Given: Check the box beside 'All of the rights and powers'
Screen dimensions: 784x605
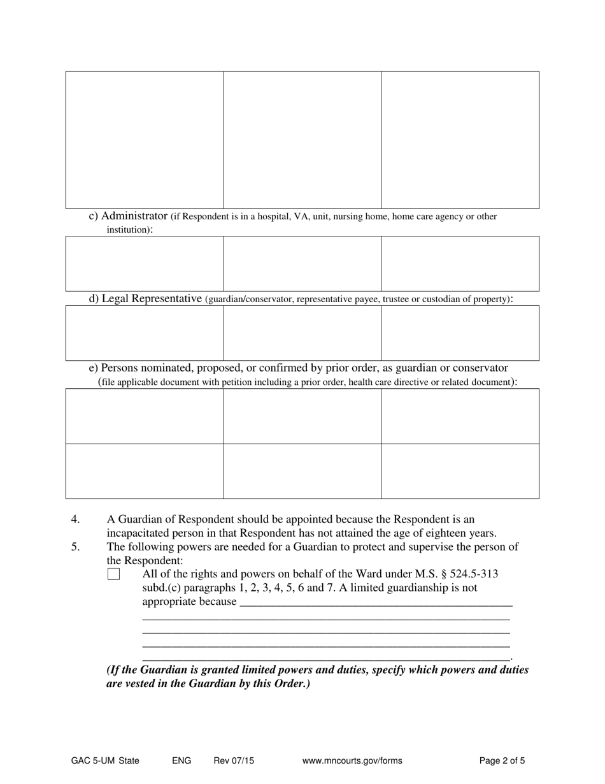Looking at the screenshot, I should pos(113,574).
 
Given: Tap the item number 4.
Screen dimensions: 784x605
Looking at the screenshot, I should pos(75,519).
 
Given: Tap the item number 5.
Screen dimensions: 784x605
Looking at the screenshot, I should pos(75,547).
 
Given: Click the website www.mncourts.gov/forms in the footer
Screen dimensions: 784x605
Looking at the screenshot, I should pos(352,760).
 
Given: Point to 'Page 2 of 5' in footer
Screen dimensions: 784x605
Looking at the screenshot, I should pos(502,760).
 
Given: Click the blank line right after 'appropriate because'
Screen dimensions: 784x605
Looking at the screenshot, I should pos(376,601).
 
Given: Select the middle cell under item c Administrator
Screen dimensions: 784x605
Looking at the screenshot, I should pos(302,263).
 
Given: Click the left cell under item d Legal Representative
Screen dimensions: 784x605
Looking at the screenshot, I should pos(145,333).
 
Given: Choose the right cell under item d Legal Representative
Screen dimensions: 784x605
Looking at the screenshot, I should pos(460,333).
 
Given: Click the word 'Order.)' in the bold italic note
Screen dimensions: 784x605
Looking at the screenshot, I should pos(292,685).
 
